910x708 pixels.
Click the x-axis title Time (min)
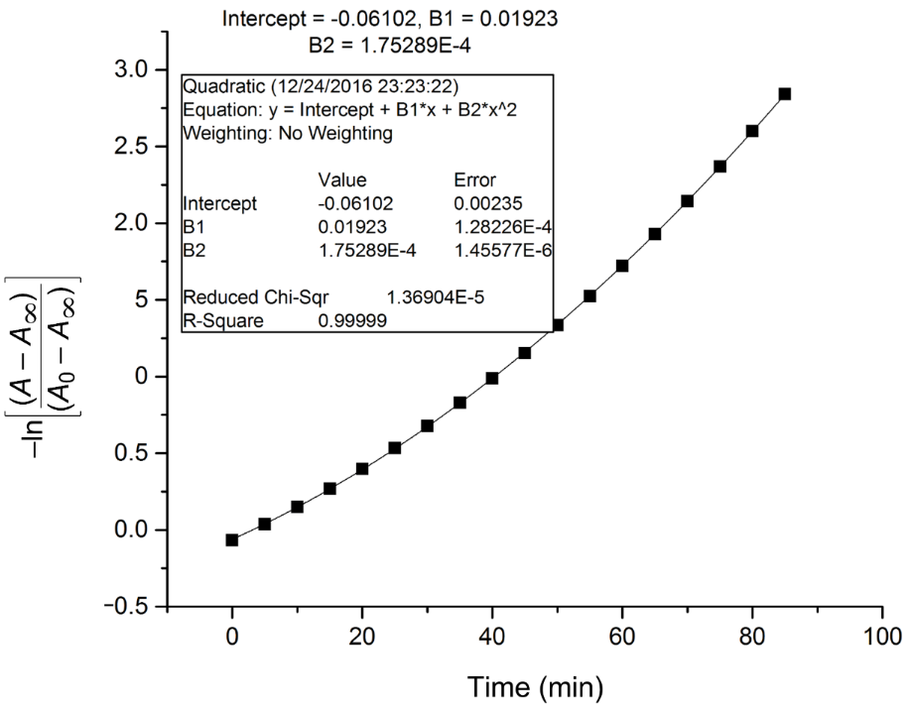point(536,685)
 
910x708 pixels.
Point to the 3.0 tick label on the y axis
point(131,70)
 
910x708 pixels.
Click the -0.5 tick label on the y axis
point(125,605)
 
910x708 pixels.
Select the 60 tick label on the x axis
point(622,636)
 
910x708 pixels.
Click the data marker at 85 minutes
point(785,94)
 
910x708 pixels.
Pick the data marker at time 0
point(232,540)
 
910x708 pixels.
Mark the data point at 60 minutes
point(622,266)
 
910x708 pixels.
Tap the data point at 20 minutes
point(362,468)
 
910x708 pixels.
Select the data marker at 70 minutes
point(687,201)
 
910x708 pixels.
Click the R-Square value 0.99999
point(352,321)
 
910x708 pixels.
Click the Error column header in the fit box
point(473,180)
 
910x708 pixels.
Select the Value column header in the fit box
point(342,180)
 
